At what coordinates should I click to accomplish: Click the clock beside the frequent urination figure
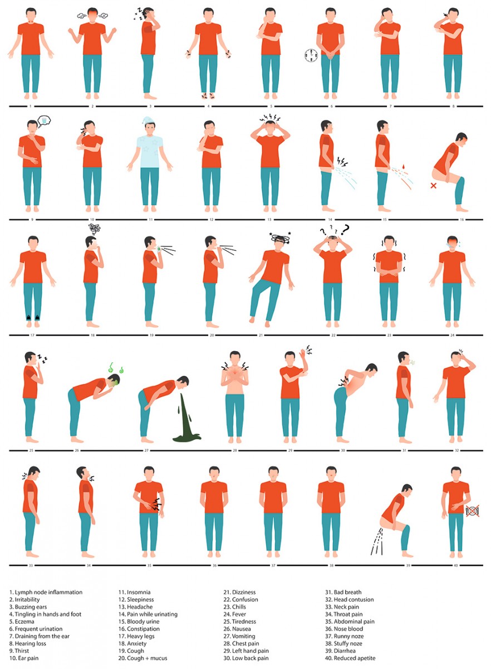pos(311,56)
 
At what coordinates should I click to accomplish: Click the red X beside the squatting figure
pos(434,186)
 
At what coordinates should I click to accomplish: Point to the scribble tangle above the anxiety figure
pos(95,229)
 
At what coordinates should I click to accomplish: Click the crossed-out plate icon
pos(472,511)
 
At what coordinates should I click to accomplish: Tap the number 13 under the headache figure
pos(269,220)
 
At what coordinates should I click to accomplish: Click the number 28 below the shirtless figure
pos(235,450)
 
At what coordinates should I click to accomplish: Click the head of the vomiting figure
pos(182,382)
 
